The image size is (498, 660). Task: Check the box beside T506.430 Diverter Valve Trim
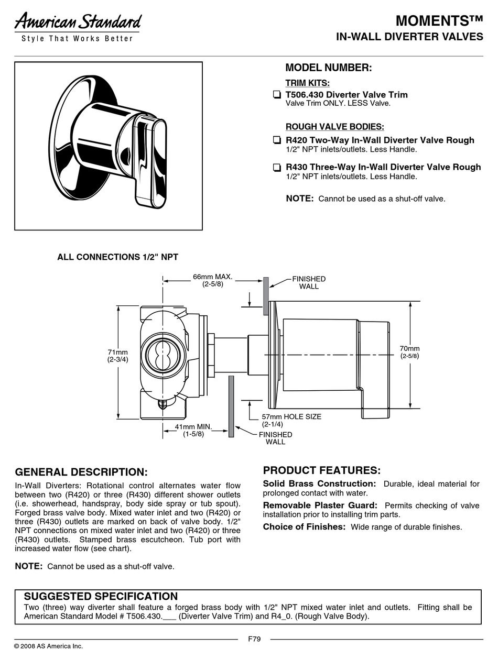tap(276, 95)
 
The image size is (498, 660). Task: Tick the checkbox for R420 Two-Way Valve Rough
tap(276, 140)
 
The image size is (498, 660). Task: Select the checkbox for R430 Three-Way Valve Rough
tap(276, 168)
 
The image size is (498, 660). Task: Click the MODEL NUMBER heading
tap(328, 68)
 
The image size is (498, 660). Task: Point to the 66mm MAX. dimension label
tap(212, 280)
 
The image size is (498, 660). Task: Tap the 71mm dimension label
tap(118, 356)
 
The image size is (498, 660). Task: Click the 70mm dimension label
tap(409, 352)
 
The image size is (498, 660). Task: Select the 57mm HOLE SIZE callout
tap(291, 420)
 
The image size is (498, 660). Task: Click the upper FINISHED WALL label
tap(309, 282)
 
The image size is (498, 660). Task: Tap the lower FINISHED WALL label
tap(275, 438)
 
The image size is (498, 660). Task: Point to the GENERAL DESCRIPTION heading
tap(81, 472)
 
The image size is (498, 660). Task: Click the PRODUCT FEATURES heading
tap(321, 470)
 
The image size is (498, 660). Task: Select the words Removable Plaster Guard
tap(320, 505)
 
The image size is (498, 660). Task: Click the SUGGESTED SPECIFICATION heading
tap(101, 596)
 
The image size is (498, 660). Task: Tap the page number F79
tap(254, 639)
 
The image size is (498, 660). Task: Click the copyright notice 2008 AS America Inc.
tap(48, 646)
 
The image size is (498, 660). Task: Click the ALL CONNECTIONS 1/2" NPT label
tap(117, 257)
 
